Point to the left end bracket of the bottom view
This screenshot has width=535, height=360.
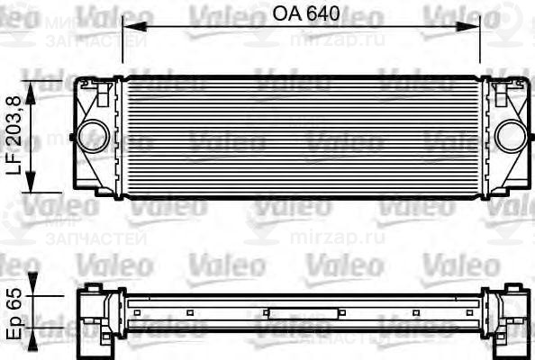pos(94,316)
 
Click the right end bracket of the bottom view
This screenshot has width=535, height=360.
pos(509,316)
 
